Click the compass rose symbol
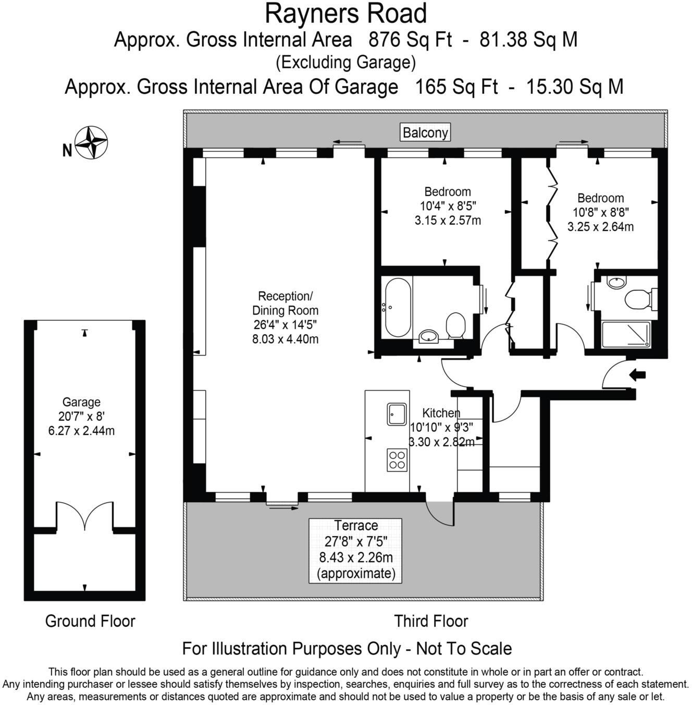[91, 142]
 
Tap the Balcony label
[425, 132]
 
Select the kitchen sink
[397, 414]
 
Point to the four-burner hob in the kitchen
[397, 460]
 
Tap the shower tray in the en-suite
[626, 334]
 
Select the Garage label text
[81, 402]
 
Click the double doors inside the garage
[84, 516]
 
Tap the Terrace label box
[355, 550]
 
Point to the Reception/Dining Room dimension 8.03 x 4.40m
[286, 339]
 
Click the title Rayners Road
[345, 14]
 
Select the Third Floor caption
[431, 621]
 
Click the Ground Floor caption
[90, 621]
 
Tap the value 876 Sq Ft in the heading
[410, 40]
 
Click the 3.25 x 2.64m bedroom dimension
[600, 227]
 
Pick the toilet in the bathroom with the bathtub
[456, 325]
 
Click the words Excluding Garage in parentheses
[345, 63]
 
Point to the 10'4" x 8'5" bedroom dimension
[448, 206]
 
